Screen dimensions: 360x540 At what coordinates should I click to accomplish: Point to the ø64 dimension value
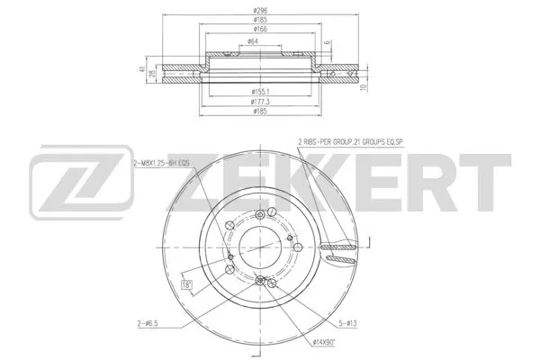pos(256,42)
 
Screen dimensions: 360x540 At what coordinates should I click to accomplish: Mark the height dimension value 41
pos(142,70)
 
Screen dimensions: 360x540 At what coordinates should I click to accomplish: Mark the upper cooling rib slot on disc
pos(339,238)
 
